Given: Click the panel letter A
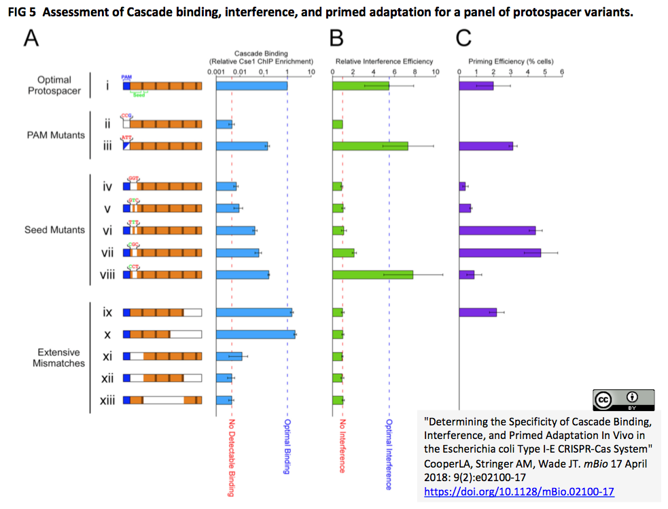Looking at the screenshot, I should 31,39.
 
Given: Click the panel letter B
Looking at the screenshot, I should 336,39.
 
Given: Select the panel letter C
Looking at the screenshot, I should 463,39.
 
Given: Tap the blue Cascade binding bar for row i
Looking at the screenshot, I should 251,86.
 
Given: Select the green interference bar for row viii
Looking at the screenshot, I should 372,274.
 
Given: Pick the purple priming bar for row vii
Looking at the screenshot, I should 499,252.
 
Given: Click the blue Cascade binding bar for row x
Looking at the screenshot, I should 255,334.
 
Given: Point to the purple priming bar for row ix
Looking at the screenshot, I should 478,312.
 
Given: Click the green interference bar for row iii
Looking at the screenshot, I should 370,145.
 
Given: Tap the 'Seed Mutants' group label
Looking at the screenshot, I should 54,230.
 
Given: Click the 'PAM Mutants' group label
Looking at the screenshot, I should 56,135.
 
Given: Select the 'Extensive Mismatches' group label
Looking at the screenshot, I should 58,357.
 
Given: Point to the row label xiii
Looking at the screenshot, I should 107,400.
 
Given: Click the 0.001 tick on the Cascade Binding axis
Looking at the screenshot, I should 216,71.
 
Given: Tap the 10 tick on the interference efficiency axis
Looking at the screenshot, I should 436,71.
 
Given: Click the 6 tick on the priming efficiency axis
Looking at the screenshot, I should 561,71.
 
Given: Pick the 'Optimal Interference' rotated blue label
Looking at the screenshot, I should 389,454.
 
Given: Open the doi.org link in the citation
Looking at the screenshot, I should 518,491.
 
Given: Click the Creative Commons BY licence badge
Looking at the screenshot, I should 623,400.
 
